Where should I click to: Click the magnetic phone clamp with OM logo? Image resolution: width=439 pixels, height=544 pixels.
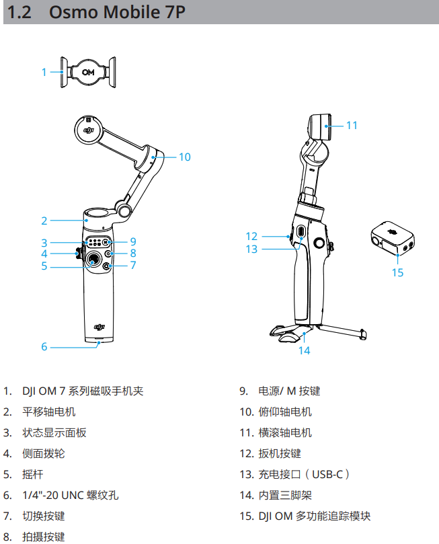tap(87, 71)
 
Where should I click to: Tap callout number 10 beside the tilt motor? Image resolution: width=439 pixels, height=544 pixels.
tap(184, 157)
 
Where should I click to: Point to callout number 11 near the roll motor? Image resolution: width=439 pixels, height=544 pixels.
tap(351, 125)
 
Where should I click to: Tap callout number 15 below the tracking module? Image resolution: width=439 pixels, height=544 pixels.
tap(397, 273)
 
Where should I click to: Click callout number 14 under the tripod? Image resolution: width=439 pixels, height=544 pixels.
tap(305, 350)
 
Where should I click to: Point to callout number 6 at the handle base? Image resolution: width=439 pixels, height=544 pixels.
tap(44, 347)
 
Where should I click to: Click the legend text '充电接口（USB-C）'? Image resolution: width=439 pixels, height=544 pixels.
tap(304, 475)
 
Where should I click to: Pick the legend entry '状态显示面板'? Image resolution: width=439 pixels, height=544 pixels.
tap(54, 432)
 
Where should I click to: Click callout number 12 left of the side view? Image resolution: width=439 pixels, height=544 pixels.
tap(251, 236)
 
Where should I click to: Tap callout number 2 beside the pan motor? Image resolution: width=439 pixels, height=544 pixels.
tap(44, 220)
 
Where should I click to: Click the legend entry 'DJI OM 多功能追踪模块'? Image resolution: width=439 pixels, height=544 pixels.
tap(314, 516)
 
